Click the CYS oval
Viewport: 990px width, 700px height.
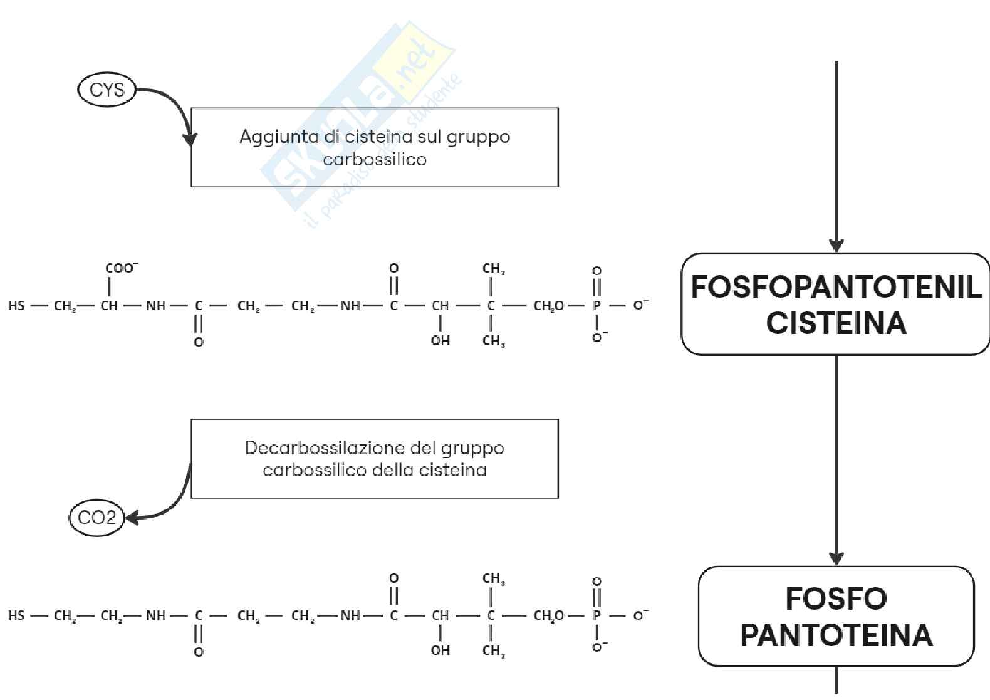107,90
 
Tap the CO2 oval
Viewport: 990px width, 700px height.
97,518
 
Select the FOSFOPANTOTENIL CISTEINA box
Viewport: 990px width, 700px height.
836,305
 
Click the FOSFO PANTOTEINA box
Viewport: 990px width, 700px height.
836,616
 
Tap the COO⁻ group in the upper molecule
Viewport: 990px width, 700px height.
121,268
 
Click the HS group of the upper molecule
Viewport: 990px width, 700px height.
16,306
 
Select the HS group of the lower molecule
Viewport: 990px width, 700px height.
16,615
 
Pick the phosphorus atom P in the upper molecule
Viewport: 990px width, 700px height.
597,306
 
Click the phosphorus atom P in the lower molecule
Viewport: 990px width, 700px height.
597,615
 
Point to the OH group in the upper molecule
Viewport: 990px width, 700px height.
440,341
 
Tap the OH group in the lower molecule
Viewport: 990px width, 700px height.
440,650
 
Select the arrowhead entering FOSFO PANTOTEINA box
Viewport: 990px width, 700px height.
836,558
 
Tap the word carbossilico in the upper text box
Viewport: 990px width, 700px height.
374,159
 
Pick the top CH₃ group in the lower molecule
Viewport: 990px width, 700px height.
493,578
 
